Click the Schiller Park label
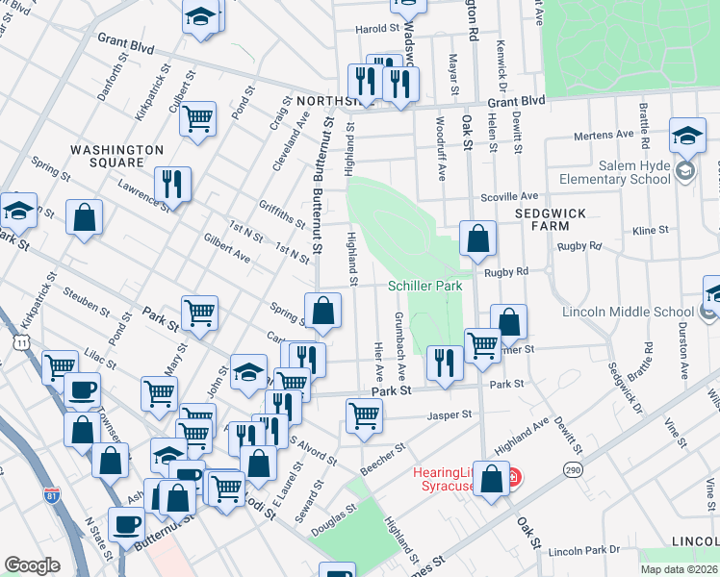(x=424, y=286)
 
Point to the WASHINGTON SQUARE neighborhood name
(x=116, y=159)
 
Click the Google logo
(x=32, y=565)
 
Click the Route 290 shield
(x=573, y=468)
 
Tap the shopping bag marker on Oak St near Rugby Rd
(x=477, y=238)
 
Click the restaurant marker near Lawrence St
(x=172, y=184)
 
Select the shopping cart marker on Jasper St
(x=365, y=416)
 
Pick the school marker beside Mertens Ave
(x=687, y=137)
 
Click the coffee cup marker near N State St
(x=126, y=525)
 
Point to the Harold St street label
(x=377, y=29)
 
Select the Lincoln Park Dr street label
(x=579, y=553)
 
